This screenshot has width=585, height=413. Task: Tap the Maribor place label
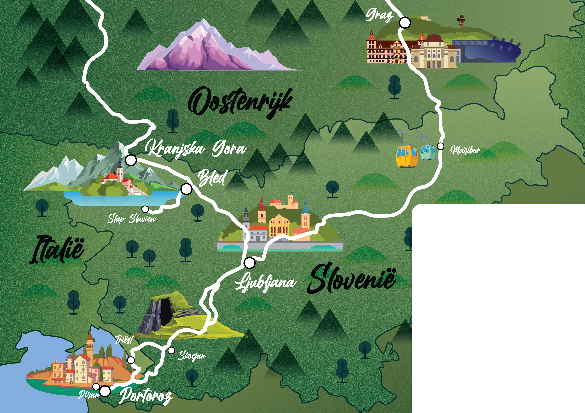tap(465, 150)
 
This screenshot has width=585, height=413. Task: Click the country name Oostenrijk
tap(239, 103)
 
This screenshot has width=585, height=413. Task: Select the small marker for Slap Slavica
tap(145, 209)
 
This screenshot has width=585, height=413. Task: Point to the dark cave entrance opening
tap(166, 312)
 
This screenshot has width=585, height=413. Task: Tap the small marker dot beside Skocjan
tap(172, 350)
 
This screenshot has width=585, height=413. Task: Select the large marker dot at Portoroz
tap(105, 391)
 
